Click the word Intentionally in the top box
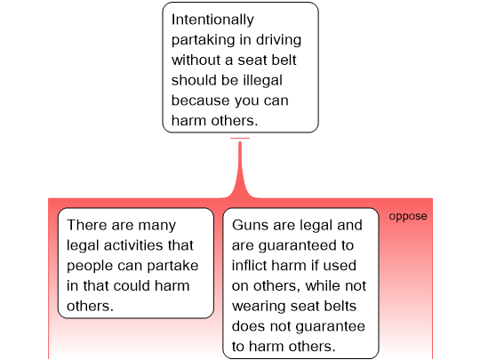tap(212, 20)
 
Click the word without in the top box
tap(196, 60)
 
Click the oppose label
tap(408, 216)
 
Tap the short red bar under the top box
tap(240, 138)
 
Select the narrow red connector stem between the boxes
tap(240, 167)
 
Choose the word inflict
tap(249, 266)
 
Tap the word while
tap(323, 285)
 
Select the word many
tap(157, 226)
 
